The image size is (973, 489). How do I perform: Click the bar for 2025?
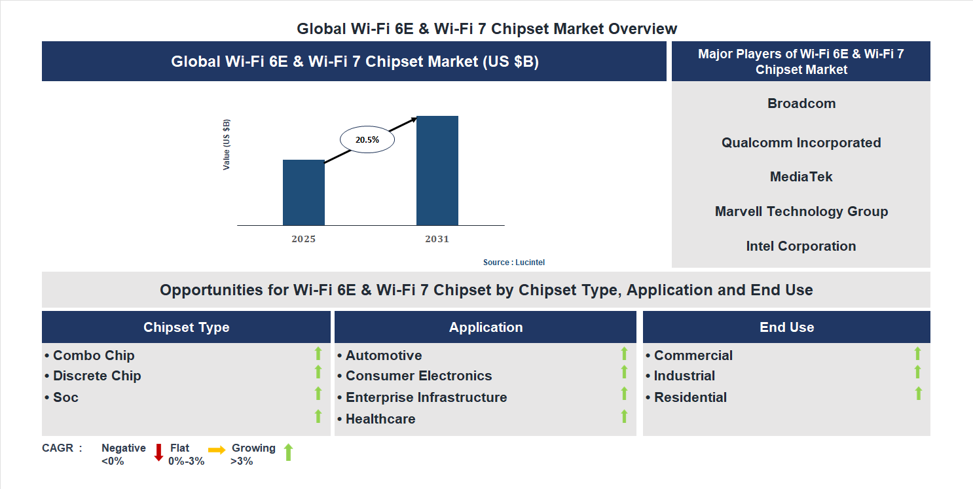[x=303, y=192]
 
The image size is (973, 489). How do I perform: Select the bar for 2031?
[x=437, y=171]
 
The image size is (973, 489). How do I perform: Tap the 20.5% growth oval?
[x=367, y=139]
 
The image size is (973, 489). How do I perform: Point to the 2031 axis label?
[x=437, y=239]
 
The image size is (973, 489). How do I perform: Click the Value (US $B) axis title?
[x=227, y=145]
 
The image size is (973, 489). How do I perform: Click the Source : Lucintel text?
[x=514, y=263]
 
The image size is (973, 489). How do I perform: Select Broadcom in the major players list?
[x=801, y=103]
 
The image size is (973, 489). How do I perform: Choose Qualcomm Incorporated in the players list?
[x=801, y=143]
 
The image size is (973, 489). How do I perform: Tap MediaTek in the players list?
[x=801, y=177]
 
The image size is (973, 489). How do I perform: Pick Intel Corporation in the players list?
[x=801, y=246]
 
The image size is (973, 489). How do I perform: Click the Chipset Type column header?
[x=187, y=327]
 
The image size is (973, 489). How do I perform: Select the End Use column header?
[x=786, y=327]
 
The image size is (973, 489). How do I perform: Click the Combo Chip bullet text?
[x=94, y=355]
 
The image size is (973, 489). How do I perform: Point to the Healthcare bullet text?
[x=380, y=419]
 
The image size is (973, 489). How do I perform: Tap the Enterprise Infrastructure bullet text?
[x=426, y=397]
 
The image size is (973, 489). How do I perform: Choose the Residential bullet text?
[x=690, y=397]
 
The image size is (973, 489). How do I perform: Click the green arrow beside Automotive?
[x=624, y=353]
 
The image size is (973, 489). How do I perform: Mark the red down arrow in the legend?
[x=158, y=452]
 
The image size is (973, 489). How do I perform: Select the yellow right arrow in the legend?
[x=217, y=450]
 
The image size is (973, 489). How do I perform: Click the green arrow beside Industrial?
[x=918, y=372]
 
